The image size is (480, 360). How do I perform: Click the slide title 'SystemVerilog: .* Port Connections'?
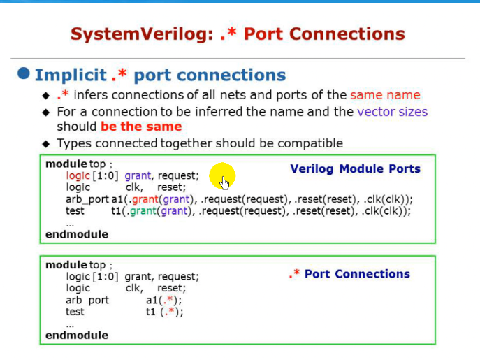click(x=238, y=34)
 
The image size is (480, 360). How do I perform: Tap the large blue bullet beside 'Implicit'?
click(x=24, y=73)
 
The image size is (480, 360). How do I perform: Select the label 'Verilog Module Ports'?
click(x=355, y=168)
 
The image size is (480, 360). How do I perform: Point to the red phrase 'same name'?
click(x=385, y=94)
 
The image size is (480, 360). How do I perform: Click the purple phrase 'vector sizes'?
click(x=392, y=111)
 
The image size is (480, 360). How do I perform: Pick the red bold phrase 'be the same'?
click(x=141, y=127)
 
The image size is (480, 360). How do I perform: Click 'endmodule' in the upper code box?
click(x=77, y=234)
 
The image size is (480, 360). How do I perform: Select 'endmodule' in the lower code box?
click(x=77, y=335)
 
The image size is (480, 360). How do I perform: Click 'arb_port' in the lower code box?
click(x=87, y=300)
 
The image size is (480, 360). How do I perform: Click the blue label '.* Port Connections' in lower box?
click(x=349, y=274)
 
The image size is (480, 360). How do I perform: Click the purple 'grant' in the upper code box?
click(x=138, y=176)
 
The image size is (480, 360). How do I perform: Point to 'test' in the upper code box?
click(x=75, y=210)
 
